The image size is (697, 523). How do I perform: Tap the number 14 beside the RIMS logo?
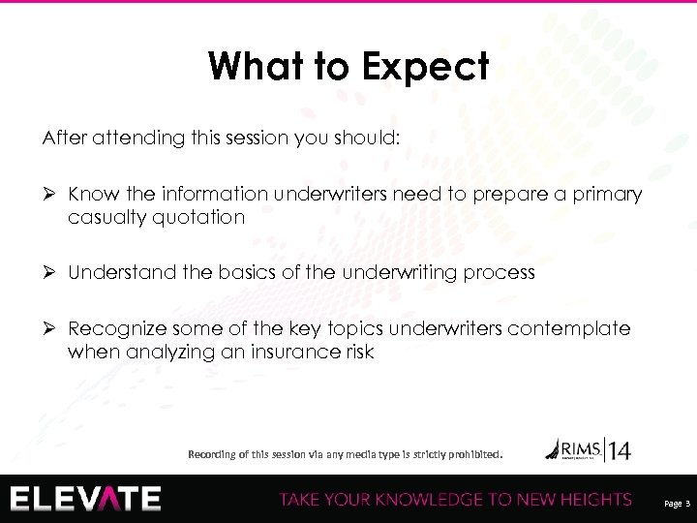click(x=619, y=449)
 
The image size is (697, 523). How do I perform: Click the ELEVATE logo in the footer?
click(x=86, y=498)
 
